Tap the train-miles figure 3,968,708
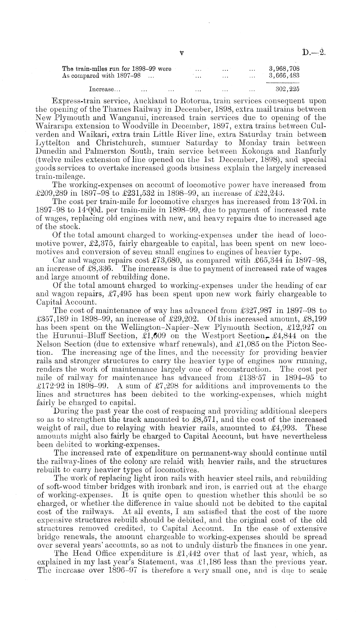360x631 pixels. click(284, 69)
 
